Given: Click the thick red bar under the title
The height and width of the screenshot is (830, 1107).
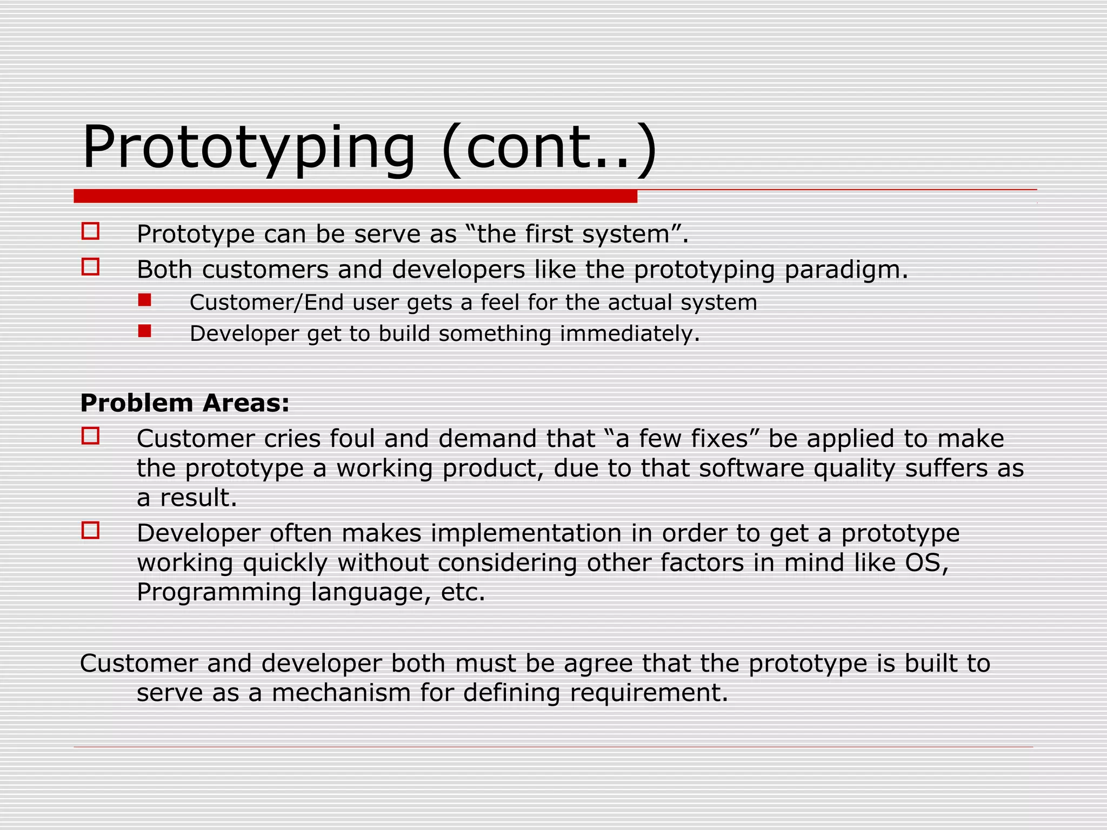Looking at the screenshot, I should click(x=355, y=196).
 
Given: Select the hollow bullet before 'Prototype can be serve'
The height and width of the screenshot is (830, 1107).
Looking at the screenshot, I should click(x=90, y=231).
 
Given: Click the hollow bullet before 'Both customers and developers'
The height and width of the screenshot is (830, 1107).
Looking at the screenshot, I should click(x=90, y=267).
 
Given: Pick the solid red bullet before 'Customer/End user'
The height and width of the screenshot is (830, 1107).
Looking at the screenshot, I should click(x=144, y=300).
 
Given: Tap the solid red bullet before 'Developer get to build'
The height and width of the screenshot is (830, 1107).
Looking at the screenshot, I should click(x=144, y=331).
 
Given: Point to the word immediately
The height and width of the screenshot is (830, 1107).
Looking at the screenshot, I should click(x=630, y=334).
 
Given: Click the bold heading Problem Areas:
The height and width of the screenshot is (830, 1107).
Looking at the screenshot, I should click(x=185, y=403).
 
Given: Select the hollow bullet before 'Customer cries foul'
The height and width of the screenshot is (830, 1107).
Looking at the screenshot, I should click(x=90, y=436).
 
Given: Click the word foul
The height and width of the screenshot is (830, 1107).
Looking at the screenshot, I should click(x=352, y=439).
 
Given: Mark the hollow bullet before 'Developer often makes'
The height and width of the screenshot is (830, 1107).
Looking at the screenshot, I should click(x=90, y=530).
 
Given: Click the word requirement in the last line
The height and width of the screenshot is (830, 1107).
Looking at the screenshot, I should click(x=649, y=693).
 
